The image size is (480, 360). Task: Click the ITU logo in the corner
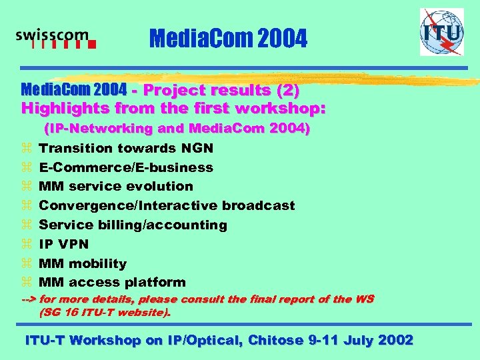[441, 32]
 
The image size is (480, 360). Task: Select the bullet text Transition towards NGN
[126, 148]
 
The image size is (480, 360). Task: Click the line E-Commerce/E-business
[126, 167]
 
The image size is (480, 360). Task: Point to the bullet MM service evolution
[116, 187]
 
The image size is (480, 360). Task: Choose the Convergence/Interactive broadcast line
[167, 206]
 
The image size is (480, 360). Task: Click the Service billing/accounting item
[133, 225]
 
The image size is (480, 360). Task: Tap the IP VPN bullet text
[64, 245]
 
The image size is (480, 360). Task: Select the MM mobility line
[83, 263]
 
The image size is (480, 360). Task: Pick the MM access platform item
[112, 283]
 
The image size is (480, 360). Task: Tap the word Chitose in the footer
[276, 340]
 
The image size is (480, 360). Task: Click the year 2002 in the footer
[395, 340]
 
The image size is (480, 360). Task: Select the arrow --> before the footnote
[31, 299]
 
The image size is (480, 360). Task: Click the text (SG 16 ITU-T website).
[105, 311]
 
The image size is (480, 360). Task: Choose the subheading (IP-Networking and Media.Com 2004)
[177, 129]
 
